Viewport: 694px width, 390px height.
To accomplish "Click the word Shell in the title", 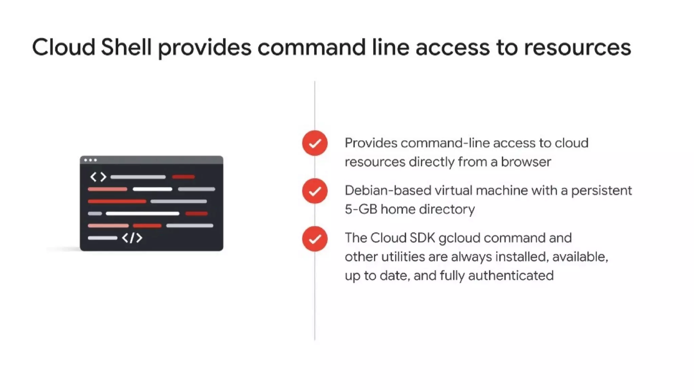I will (x=126, y=47).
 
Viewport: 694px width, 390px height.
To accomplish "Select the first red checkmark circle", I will (x=315, y=143).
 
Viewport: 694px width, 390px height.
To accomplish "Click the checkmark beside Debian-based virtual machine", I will (x=315, y=191).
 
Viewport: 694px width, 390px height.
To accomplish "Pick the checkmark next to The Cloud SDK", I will (x=315, y=239).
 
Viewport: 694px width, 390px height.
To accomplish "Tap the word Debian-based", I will (x=388, y=190).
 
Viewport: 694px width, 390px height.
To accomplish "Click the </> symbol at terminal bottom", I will (x=132, y=238).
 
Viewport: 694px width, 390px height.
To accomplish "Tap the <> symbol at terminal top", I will (x=98, y=177).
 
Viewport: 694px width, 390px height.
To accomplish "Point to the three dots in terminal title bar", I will (x=90, y=160).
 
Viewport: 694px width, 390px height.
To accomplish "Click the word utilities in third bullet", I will (x=403, y=257).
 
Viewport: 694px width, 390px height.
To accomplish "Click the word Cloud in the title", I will (x=63, y=47).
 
